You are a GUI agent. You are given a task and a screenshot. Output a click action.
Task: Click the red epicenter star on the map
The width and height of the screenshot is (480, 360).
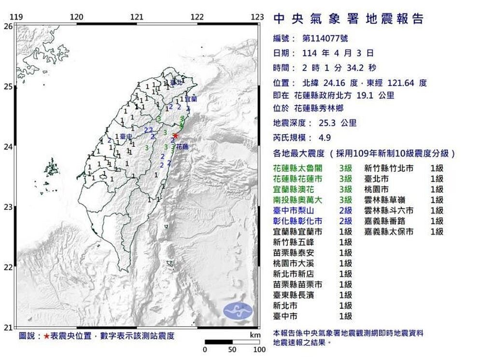pos(175,136)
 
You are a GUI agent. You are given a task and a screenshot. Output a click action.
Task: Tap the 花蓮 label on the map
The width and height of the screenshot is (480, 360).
pos(182,146)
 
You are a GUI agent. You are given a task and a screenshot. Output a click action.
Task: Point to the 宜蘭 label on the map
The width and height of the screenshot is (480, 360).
pos(191,99)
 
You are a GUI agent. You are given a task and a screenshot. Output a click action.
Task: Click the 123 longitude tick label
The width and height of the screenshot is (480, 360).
pos(257,18)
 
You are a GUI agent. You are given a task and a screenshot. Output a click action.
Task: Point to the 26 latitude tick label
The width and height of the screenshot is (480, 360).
pos(8,27)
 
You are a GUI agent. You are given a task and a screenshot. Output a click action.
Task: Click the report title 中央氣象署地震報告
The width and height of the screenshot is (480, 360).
pos(348,19)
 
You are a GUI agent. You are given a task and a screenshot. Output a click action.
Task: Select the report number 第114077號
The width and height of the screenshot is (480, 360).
pos(325,38)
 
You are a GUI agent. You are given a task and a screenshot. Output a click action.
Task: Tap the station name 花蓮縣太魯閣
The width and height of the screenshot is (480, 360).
pos(296,169)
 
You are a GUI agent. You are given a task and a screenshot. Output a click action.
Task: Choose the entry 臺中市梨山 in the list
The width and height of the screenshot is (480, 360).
pos(293,211)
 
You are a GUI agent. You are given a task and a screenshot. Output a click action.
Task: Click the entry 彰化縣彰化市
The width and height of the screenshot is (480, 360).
pos(296,221)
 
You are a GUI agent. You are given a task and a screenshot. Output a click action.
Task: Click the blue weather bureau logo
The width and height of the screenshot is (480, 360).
pos(238,311)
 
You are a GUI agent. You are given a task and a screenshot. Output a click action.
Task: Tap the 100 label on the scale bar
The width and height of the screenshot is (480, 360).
pos(259,349)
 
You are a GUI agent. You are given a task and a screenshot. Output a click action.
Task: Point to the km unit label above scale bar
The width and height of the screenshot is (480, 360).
pos(255,335)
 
